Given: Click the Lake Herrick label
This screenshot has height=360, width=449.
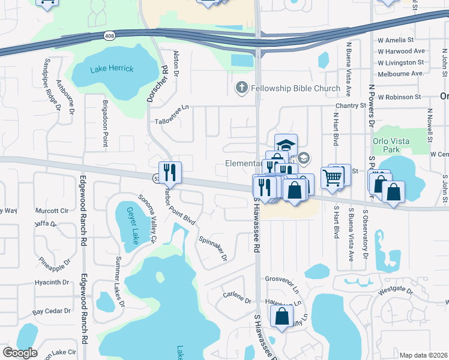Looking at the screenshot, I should (112, 69).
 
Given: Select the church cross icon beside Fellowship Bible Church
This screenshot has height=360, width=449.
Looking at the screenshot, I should (242, 89).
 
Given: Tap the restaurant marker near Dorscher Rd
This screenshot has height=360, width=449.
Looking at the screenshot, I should (170, 173).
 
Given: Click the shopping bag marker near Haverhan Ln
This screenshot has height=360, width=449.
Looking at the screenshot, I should (282, 316).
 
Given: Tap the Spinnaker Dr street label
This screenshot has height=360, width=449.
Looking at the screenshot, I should (213, 248).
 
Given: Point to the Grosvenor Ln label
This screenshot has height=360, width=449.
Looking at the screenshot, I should (282, 279).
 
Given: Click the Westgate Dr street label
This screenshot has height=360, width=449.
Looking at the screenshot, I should (396, 290).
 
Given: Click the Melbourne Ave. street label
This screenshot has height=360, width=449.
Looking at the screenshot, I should (400, 74).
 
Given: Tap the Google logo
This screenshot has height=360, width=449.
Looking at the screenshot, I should (20, 353).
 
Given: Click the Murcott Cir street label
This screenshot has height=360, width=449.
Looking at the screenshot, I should (52, 211).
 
